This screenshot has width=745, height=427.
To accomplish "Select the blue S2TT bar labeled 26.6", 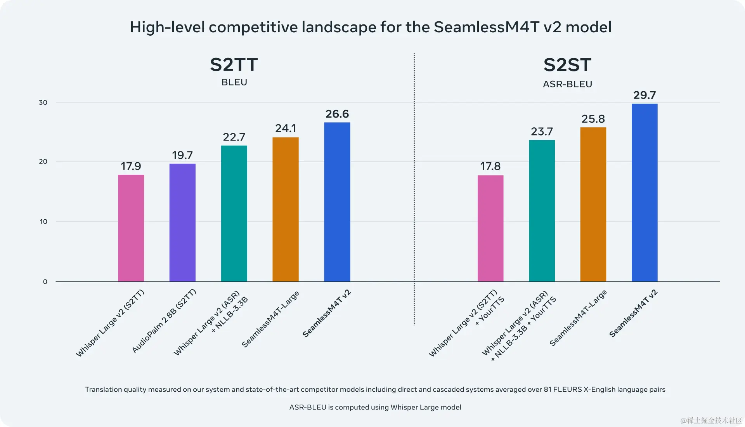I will [x=337, y=202].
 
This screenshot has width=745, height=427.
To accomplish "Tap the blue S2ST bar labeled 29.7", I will [x=645, y=193].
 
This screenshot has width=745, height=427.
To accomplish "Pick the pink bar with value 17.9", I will [x=131, y=228].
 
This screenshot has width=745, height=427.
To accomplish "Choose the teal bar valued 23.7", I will [x=542, y=211].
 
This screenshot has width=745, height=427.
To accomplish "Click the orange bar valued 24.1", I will [x=286, y=209].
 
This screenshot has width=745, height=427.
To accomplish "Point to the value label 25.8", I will [x=593, y=119].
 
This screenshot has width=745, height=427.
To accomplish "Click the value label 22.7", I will [x=234, y=137].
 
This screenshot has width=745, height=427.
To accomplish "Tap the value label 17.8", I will [x=490, y=166].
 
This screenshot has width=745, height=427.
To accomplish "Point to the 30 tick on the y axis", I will [x=43, y=102].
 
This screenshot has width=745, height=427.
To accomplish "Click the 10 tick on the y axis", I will [x=43, y=222].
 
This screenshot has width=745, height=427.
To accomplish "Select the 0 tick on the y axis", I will [x=45, y=282].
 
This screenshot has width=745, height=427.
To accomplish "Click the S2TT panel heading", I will [x=234, y=65].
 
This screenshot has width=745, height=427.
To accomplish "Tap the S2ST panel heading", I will [x=567, y=65].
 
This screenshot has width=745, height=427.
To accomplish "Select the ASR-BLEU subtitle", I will [x=567, y=84].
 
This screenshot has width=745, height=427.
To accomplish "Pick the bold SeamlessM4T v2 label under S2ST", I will [x=633, y=313].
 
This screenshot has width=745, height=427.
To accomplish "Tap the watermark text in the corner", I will [x=711, y=420].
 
